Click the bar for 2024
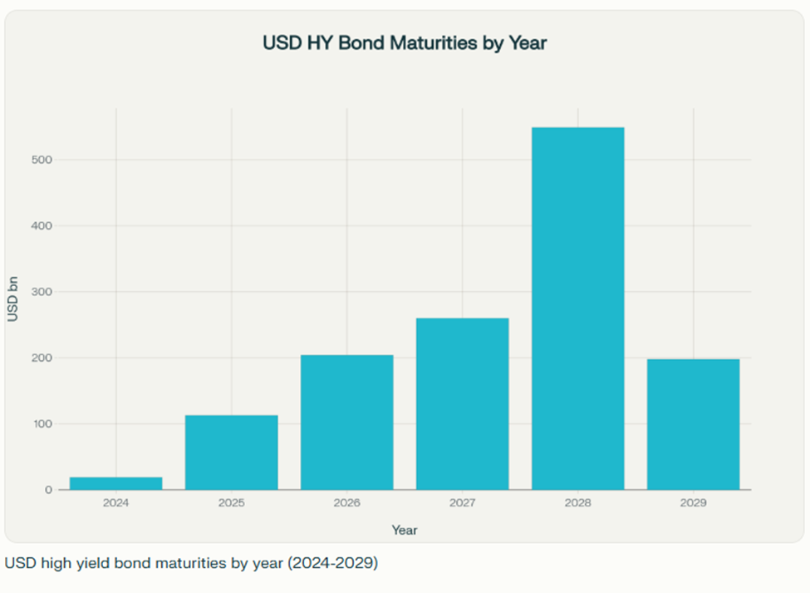(x=115, y=483)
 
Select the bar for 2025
(x=231, y=452)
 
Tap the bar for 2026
(x=346, y=423)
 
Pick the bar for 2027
(x=462, y=404)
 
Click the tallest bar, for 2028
(x=577, y=309)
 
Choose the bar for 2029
(x=693, y=424)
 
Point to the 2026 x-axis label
(x=346, y=503)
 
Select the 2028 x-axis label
(x=577, y=503)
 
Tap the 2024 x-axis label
(x=115, y=503)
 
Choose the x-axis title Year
(x=405, y=530)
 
